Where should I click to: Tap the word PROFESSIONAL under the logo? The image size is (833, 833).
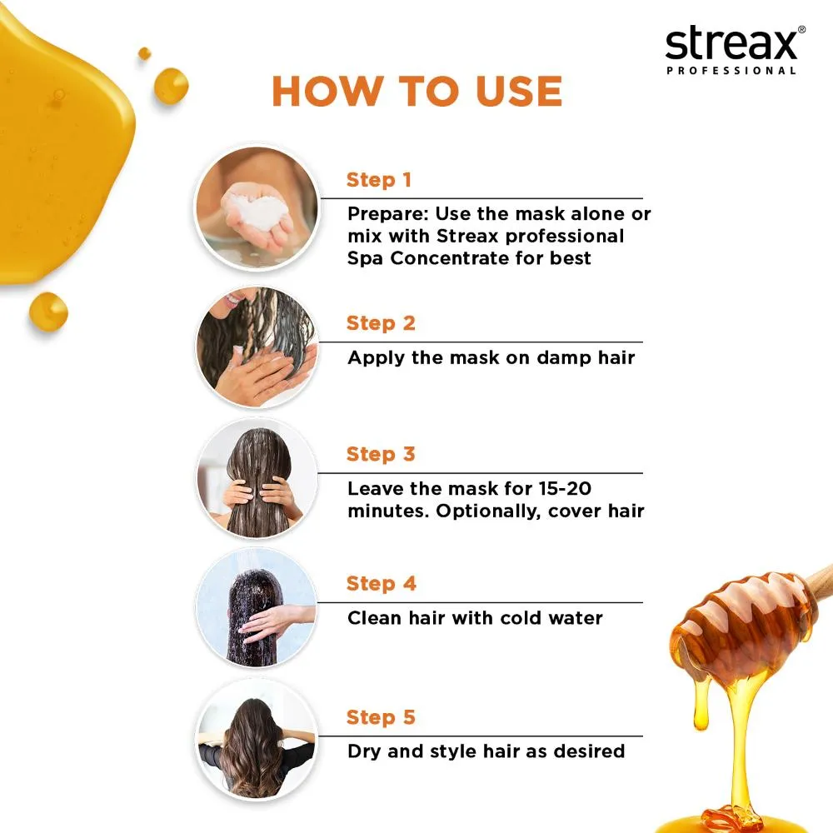coord(731,71)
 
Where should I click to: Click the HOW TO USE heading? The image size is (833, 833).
coord(417,91)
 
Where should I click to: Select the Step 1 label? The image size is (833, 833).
coord(379,180)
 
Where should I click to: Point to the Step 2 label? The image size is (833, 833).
coord(381,323)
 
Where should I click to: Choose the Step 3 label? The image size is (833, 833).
coord(381,454)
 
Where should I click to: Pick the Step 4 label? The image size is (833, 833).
coord(381,583)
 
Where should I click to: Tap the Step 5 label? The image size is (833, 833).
coord(381,717)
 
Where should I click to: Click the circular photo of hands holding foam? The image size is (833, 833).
coord(257,207)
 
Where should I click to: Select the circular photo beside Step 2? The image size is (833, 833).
coord(257,347)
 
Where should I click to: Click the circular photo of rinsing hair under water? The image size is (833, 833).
coord(257,607)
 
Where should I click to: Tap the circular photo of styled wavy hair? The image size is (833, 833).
coord(257,739)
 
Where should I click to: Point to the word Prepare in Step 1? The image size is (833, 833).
coord(388,214)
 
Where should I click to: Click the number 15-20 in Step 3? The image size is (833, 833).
coord(565,488)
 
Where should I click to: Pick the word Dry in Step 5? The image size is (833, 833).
coord(364,751)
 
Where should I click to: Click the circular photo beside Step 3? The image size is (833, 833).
coord(257,477)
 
